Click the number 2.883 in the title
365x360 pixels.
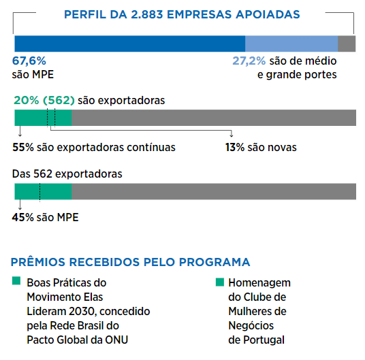point(146,14)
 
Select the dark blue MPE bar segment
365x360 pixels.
point(130,44)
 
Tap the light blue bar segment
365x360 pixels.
point(291,44)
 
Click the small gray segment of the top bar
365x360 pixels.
point(347,44)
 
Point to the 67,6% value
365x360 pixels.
point(29,61)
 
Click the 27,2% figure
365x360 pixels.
point(249,61)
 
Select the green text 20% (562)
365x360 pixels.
point(44,101)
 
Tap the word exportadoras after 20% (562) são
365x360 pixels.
point(131,101)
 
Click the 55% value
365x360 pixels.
point(23,147)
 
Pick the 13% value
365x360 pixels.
point(235,147)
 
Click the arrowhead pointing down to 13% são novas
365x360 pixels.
point(231,135)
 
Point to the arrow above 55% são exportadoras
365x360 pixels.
point(20,131)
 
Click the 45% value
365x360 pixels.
point(23,218)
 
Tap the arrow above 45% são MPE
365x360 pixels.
point(20,205)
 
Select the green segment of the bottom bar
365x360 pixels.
point(43,191)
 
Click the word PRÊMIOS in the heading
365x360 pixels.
point(38,262)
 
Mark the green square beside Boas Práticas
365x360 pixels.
point(16,280)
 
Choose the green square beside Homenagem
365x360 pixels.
point(220,282)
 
